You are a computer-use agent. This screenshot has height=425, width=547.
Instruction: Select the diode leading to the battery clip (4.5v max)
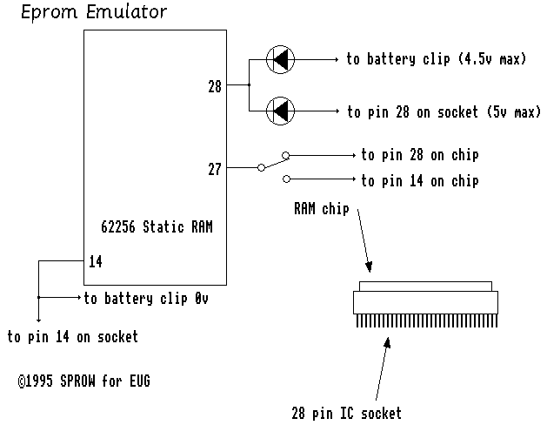[280, 59]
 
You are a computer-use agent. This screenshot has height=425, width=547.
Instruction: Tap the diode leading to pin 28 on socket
[280, 110]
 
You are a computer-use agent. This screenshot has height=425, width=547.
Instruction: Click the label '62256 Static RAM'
[157, 226]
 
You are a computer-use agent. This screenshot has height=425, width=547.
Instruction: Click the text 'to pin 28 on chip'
[420, 155]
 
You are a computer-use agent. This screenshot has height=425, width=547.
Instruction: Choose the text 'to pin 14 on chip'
[420, 181]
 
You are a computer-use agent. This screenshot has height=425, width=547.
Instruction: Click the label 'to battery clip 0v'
[146, 298]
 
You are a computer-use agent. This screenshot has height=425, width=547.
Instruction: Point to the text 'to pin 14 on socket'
[72, 335]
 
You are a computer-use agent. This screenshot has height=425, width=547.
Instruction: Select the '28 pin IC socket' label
[347, 413]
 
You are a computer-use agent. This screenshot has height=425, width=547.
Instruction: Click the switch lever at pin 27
[274, 162]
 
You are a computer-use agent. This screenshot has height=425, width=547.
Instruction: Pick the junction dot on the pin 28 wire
[249, 85]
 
